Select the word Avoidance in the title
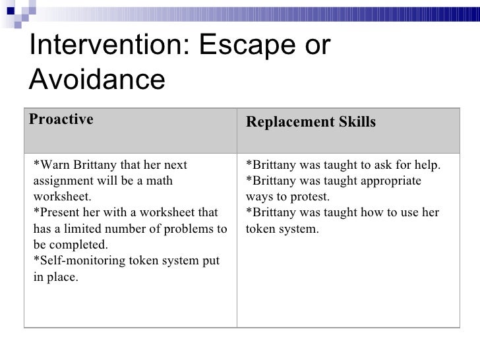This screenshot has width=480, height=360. pos(97,80)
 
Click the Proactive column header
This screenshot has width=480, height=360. pos(61,119)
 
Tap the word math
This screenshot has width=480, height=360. pos(158,181)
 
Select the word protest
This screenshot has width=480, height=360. pos(307,197)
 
